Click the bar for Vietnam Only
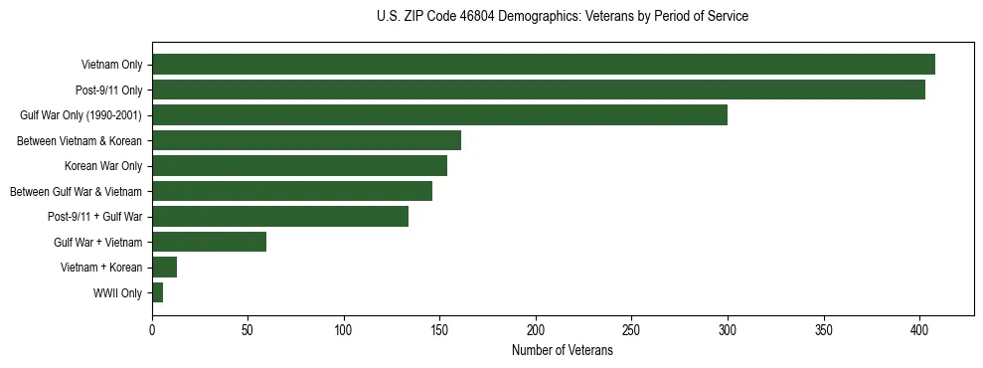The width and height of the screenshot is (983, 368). (543, 65)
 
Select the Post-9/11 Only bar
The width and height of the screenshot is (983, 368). (538, 90)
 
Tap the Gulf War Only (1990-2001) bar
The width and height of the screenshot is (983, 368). (439, 115)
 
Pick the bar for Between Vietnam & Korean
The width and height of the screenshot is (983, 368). (306, 140)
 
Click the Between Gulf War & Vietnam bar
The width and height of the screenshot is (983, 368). (292, 191)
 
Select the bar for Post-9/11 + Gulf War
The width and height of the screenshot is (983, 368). (280, 217)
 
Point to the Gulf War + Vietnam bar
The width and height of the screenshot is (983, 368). (209, 242)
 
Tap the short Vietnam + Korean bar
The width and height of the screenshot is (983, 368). (164, 268)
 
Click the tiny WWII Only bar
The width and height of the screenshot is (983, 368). (157, 292)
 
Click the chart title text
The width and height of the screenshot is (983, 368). (563, 17)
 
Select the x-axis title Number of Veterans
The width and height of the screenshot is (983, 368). (562, 351)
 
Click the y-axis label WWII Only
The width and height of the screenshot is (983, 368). (117, 293)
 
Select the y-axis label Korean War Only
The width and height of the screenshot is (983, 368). (103, 166)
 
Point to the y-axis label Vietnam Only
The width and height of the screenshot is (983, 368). (111, 65)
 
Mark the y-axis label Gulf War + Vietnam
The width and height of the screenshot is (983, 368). (98, 243)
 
